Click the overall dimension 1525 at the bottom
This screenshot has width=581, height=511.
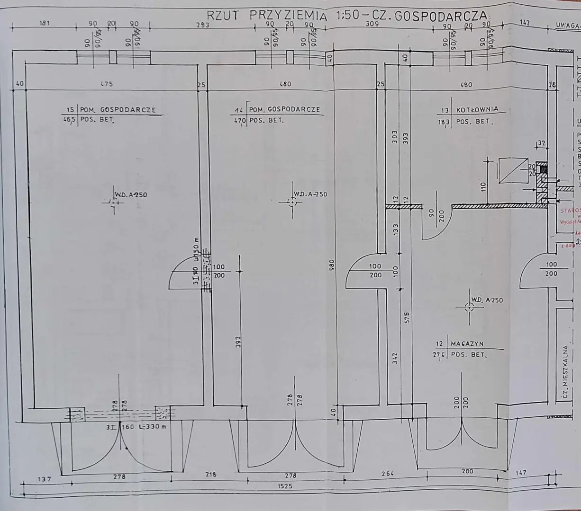click(286, 486)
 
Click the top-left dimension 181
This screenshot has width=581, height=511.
click(44, 23)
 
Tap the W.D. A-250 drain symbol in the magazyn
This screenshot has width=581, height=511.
click(468, 308)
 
